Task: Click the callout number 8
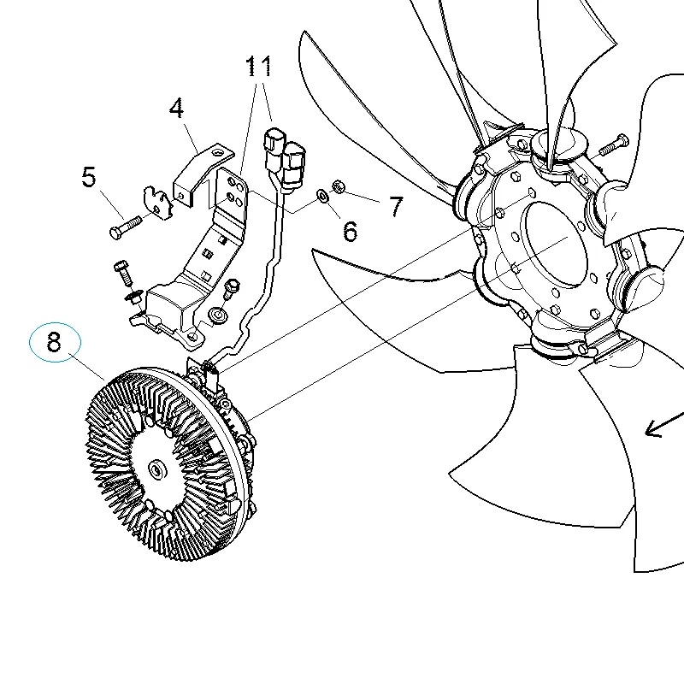tap(54, 342)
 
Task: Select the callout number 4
tap(176, 108)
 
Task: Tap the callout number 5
tap(89, 177)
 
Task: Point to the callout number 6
tap(351, 231)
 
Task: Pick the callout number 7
tap(396, 206)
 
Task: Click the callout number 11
tap(258, 67)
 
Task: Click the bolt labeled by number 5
tap(125, 227)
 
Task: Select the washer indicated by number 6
tap(323, 196)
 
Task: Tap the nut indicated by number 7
tap(338, 186)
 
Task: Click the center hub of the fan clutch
tap(156, 469)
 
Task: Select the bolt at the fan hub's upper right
tap(614, 145)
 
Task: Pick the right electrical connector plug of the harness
tap(293, 166)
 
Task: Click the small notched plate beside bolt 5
tap(158, 203)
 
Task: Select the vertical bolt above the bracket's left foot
tap(122, 272)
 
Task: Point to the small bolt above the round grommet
tap(232, 289)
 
